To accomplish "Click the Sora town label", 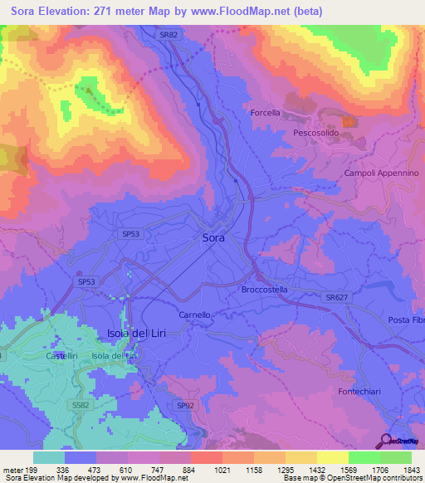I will pos(213,237).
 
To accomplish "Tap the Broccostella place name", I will pos(264,290).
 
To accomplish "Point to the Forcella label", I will pos(266,113).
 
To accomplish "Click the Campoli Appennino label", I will pos(382,173).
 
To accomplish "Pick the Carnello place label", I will pos(195,315).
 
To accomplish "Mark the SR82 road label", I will pos(169,35).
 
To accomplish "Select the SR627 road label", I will pos(336,295).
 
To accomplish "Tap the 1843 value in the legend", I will pos(397,469).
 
